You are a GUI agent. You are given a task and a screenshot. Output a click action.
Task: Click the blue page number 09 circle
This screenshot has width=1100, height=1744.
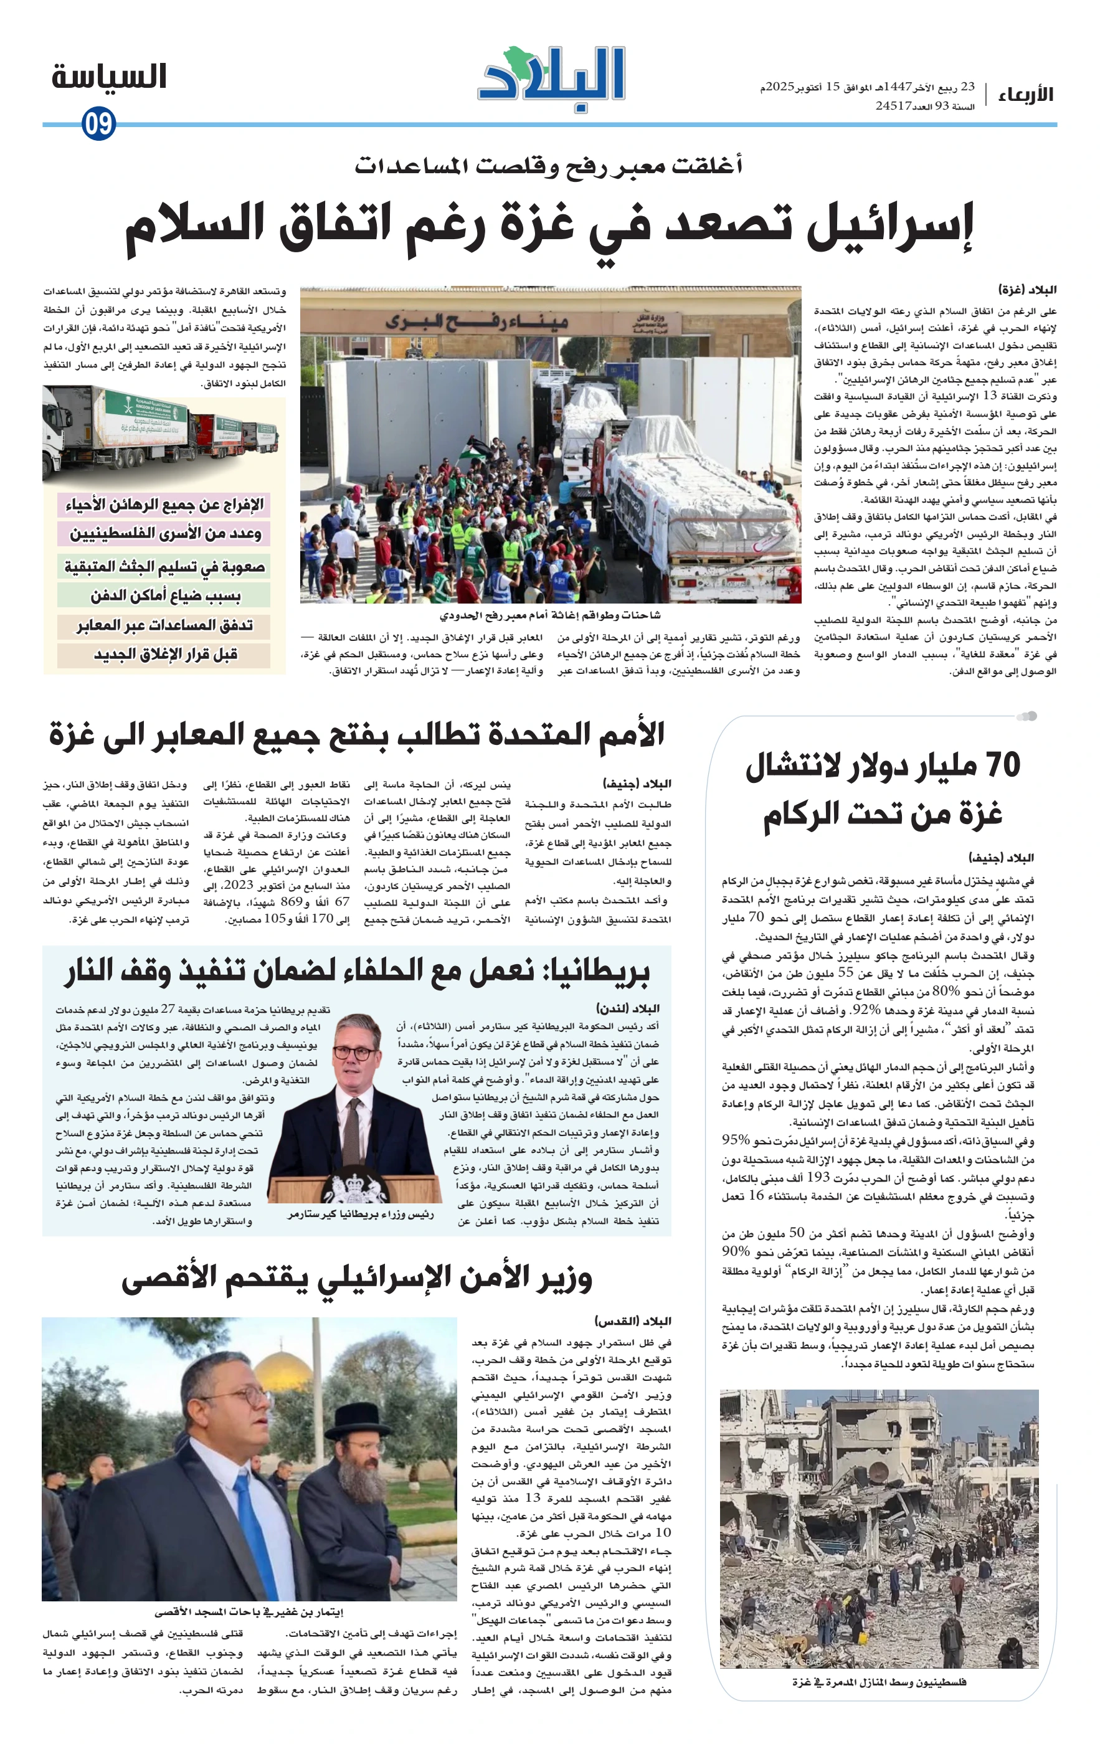point(98,123)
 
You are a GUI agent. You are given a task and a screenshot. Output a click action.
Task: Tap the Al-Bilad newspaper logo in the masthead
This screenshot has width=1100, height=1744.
point(551,78)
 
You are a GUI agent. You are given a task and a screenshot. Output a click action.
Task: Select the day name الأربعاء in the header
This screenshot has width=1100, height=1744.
point(1025,94)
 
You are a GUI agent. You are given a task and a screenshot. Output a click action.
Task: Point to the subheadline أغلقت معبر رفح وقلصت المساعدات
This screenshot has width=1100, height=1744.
point(548,166)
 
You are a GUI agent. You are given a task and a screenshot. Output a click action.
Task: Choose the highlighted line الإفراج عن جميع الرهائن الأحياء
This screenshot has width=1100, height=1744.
point(164,504)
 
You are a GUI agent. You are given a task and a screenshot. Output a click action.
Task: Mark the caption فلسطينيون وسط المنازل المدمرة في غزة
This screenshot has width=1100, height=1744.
point(878,1682)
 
